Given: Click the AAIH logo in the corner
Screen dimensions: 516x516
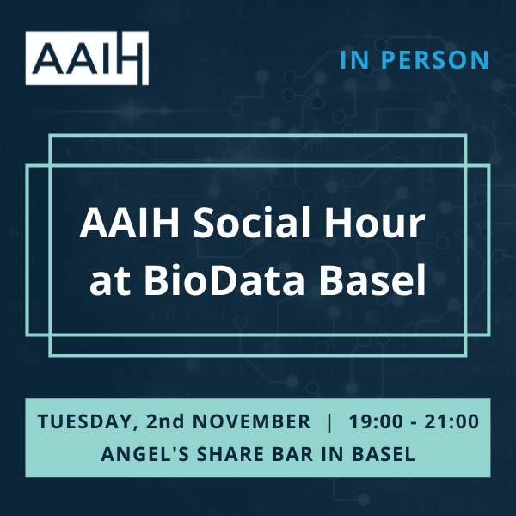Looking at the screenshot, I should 87,58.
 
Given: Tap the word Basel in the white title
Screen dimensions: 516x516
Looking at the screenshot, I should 375,280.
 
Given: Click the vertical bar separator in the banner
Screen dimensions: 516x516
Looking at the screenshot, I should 330,422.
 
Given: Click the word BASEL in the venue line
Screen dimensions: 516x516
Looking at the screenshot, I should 380,454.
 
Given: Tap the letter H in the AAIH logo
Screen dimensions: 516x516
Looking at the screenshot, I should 131,58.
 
